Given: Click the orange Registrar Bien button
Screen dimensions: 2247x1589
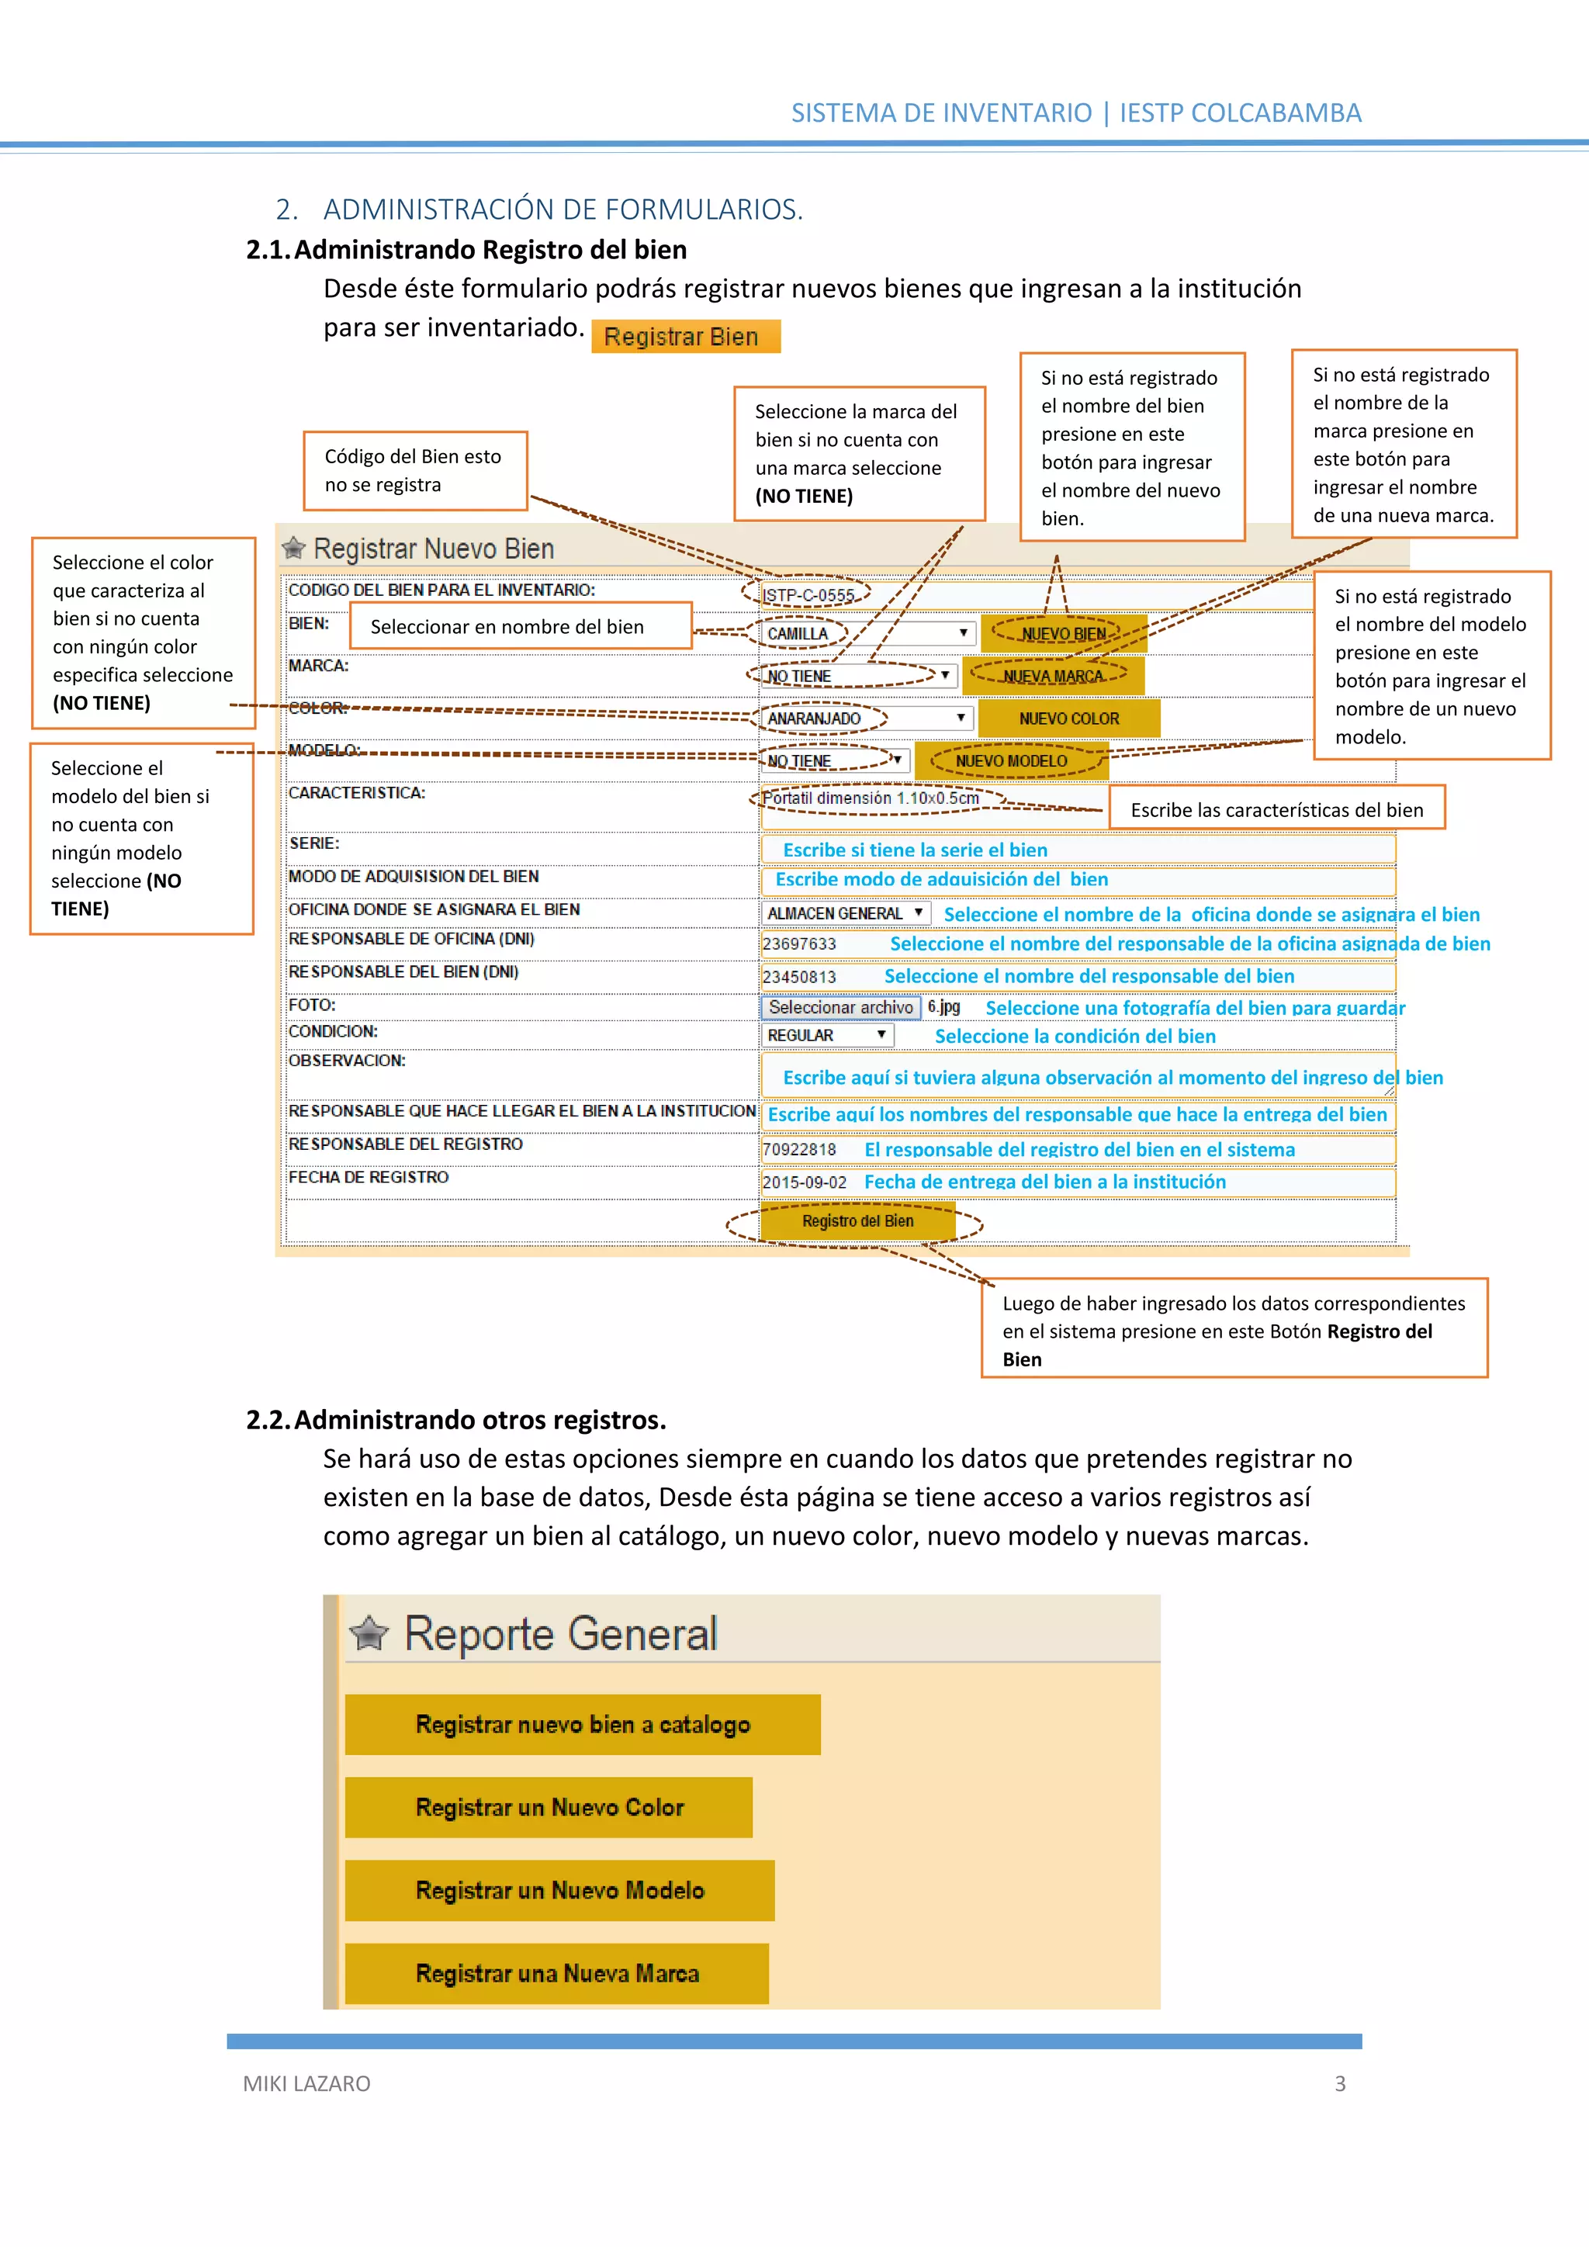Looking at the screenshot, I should [x=685, y=337].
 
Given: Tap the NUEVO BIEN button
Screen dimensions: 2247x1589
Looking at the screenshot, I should [x=1064, y=633].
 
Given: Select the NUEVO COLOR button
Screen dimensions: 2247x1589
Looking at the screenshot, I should [x=1068, y=718].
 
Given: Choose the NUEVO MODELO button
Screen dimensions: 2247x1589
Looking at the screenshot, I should [x=1011, y=760].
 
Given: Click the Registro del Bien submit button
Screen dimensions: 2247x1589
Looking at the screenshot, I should [x=857, y=1221].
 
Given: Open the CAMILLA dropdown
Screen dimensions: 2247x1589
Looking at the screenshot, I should [x=867, y=633].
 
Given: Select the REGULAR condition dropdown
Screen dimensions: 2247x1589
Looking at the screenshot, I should [x=827, y=1035].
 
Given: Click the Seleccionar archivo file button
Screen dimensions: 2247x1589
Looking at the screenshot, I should [x=840, y=1007].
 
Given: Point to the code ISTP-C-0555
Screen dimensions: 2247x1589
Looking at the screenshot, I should [x=808, y=594].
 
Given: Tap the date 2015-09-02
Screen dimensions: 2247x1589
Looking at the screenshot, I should [x=805, y=1182].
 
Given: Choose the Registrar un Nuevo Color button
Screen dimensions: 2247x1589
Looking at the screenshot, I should [x=549, y=1808].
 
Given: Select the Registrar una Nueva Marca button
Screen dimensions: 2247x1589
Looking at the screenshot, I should [x=557, y=1973].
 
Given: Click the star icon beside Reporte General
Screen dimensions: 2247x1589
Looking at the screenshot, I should [x=370, y=1632].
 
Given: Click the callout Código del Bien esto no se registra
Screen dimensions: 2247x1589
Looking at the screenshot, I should [x=415, y=471].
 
